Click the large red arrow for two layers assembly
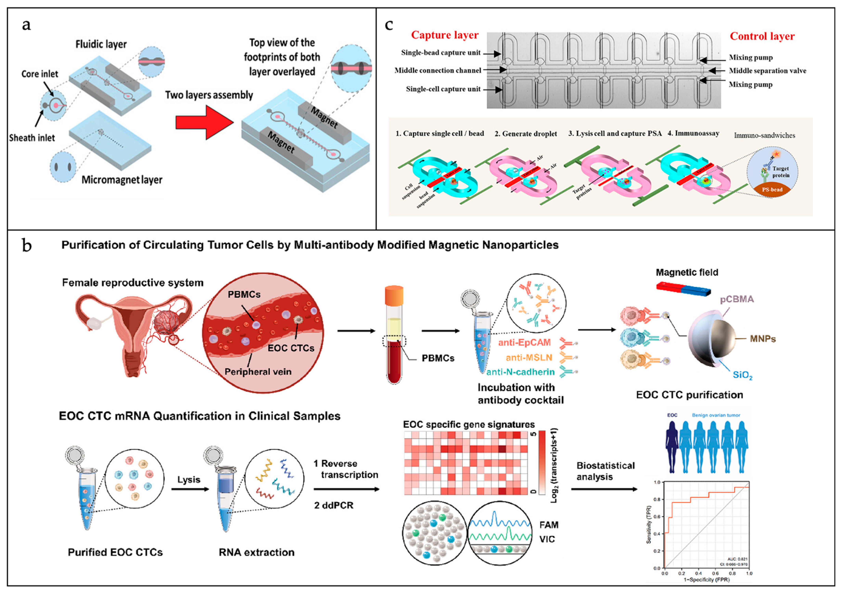(x=204, y=122)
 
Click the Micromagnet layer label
(x=122, y=180)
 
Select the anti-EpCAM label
(x=524, y=342)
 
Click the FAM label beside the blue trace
(x=549, y=525)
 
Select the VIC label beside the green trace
(x=547, y=539)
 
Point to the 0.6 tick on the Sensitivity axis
(x=658, y=516)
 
